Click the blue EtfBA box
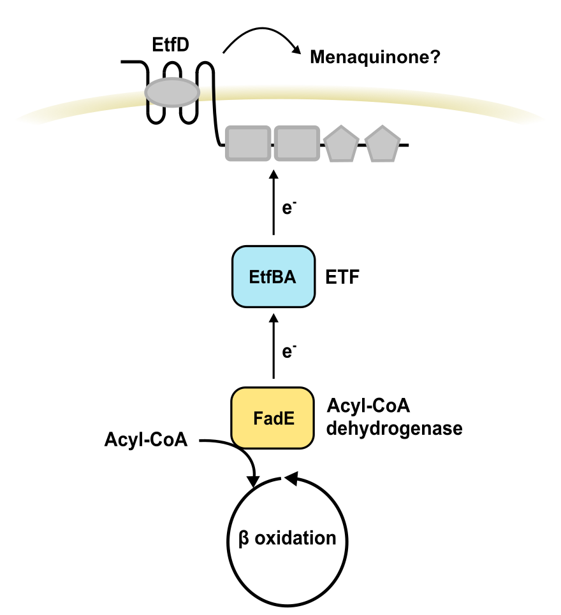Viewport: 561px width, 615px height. click(x=273, y=277)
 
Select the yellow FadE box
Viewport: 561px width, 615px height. click(x=273, y=418)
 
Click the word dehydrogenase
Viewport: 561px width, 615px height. click(x=394, y=428)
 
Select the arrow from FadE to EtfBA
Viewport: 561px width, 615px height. click(x=273, y=347)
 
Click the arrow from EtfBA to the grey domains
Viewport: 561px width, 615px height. click(x=273, y=204)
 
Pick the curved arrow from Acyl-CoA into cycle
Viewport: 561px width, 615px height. click(x=239, y=452)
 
